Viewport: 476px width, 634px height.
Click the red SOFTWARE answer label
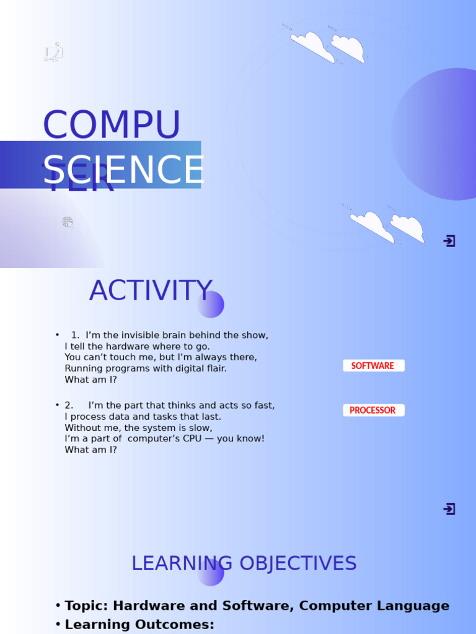373,366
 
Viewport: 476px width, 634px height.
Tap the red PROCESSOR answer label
373,410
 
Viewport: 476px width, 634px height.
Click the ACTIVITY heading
151,291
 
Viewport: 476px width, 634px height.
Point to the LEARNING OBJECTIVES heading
244,563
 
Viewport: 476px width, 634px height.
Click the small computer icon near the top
54,53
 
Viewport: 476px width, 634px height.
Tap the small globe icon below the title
68,222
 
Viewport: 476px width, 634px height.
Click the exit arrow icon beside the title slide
449,241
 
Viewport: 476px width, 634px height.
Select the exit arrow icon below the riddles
449,509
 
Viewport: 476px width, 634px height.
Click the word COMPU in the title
112,125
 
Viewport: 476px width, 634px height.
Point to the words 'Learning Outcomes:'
139,625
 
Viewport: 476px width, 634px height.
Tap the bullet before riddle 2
57,406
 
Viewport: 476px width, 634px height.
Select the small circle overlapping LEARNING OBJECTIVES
211,573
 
